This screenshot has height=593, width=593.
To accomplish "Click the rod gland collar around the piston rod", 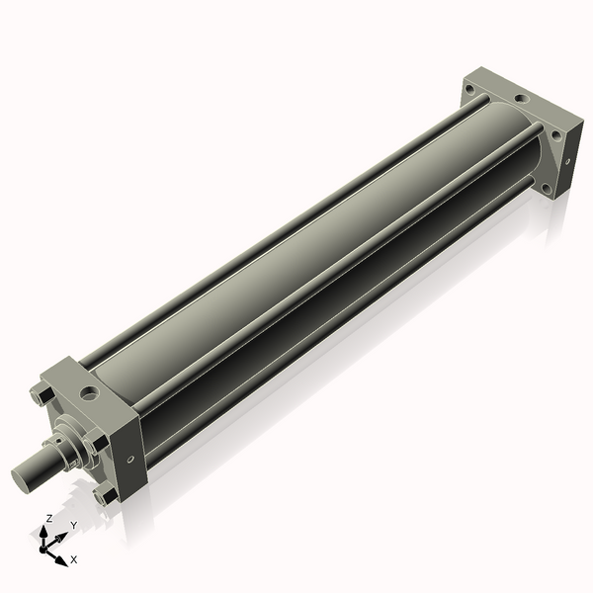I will tap(65, 443).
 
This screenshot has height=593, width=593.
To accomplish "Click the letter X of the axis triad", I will tap(74, 560).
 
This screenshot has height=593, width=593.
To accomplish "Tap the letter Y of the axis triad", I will tap(73, 526).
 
